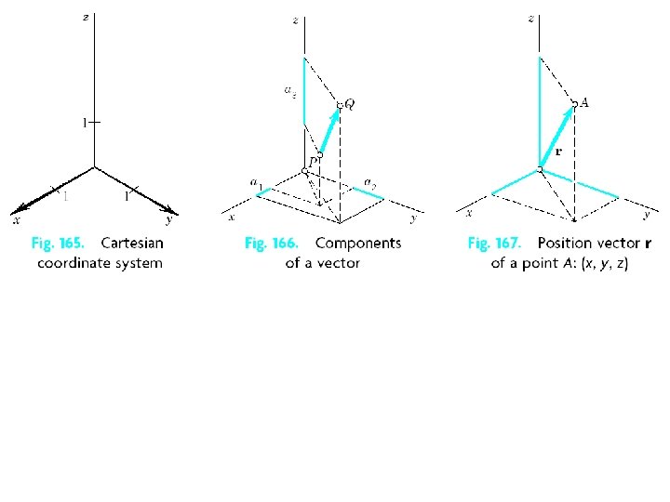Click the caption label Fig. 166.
pyautogui.click(x=271, y=244)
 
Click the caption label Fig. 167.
pyautogui.click(x=493, y=244)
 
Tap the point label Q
pyautogui.click(x=349, y=103)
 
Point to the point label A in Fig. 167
pyautogui.click(x=583, y=102)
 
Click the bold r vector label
pyautogui.click(x=558, y=151)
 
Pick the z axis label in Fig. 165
pyautogui.click(x=86, y=18)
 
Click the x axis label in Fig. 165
pyautogui.click(x=16, y=220)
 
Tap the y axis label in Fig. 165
pyautogui.click(x=168, y=220)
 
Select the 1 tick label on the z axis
pyautogui.click(x=84, y=122)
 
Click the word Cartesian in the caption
pyautogui.click(x=131, y=244)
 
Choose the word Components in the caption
pyautogui.click(x=358, y=244)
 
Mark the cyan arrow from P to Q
pyautogui.click(x=330, y=128)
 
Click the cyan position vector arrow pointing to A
pyautogui.click(x=556, y=136)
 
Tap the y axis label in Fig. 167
pyautogui.click(x=647, y=216)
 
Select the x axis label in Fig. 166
pyautogui.click(x=232, y=217)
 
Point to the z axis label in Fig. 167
pyautogui.click(x=530, y=18)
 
